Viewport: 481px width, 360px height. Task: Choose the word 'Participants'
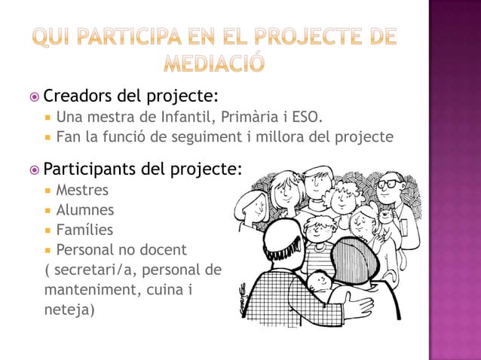pos(90,169)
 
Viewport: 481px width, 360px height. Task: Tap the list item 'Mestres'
pos(82,190)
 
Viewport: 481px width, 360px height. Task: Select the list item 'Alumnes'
pos(85,210)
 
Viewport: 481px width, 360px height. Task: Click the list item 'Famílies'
pos(84,230)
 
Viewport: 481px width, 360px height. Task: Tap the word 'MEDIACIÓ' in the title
pos(215,65)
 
